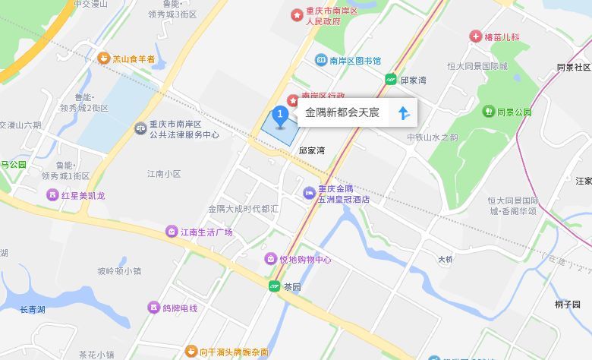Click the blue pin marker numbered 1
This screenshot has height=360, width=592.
point(280,116)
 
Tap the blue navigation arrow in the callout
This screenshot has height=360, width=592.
point(404,113)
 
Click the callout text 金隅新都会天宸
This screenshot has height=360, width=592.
point(342,113)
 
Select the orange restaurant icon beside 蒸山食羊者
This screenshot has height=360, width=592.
point(104,58)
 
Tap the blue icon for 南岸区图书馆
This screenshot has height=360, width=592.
point(321,60)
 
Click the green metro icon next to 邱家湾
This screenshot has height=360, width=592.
point(390,79)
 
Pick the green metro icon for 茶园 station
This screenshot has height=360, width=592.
point(274,286)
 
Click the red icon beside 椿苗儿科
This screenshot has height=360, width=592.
point(475,36)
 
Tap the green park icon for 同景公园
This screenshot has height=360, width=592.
point(488,112)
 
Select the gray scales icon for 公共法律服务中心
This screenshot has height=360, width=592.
point(140,128)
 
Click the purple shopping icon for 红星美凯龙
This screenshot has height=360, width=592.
point(52,195)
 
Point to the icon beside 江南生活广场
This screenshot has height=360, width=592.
point(172,232)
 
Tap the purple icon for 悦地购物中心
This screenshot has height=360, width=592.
point(270,259)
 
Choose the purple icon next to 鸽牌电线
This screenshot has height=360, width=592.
point(153,308)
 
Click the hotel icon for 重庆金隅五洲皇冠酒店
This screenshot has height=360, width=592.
point(309,194)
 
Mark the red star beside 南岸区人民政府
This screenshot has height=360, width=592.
point(297,15)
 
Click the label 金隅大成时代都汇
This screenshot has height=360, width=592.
point(244,208)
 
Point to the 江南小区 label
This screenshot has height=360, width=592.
point(164,174)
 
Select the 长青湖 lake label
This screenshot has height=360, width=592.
point(33,309)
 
